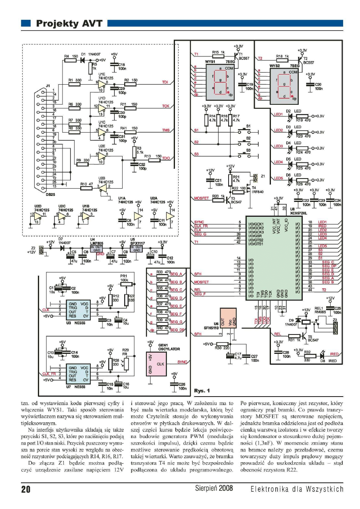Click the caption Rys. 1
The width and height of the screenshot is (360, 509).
(201, 391)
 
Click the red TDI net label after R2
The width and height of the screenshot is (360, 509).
(165, 82)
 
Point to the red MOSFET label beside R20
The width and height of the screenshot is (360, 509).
(201, 197)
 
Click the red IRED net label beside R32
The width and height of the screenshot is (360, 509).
(334, 354)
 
